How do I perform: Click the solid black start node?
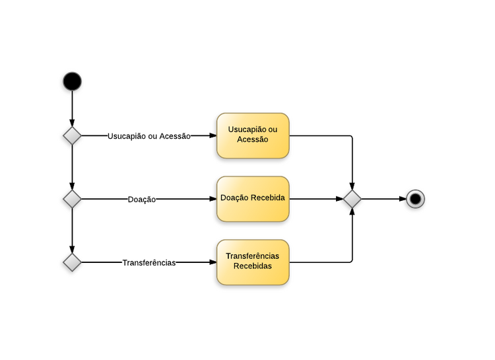click(x=72, y=81)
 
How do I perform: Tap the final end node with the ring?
click(x=415, y=199)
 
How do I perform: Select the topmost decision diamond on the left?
click(x=72, y=135)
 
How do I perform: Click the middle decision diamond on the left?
click(x=72, y=199)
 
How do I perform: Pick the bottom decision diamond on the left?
click(x=72, y=262)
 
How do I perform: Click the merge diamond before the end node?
click(x=352, y=199)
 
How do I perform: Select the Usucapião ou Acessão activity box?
click(x=253, y=135)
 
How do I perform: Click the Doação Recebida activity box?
click(x=253, y=199)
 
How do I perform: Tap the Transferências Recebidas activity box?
click(x=253, y=262)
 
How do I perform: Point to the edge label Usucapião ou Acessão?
click(x=148, y=136)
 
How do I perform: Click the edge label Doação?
click(x=142, y=199)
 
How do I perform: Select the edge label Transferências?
click(x=148, y=263)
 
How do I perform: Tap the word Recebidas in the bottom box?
click(x=253, y=267)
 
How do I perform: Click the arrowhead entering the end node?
click(x=402, y=199)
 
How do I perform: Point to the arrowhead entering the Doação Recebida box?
click(x=213, y=199)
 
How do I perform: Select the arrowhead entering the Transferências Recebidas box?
click(x=213, y=262)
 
